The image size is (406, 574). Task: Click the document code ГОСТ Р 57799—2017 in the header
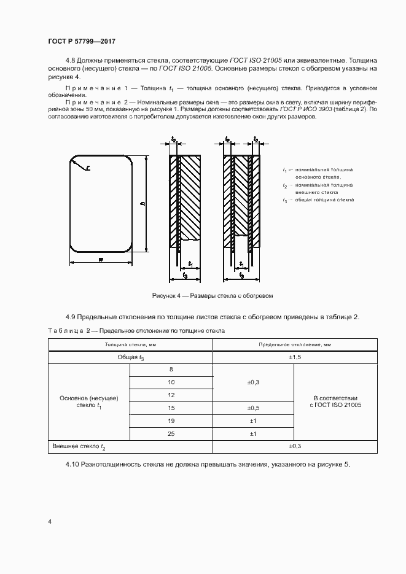pos(81,41)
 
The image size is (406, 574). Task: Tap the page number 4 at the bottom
pos(50,522)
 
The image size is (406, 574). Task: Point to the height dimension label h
pos(142,204)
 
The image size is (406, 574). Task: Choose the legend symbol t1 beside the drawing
pos(285,169)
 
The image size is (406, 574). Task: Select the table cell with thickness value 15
pos(171,408)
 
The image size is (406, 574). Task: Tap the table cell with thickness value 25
pos(171,434)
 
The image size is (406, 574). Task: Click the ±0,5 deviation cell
pos(253,408)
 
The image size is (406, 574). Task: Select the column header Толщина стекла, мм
pos(130,344)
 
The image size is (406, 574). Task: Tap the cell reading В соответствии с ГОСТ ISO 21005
pos(337,401)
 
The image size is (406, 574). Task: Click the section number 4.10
pos(74,463)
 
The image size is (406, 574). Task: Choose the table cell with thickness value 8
pos(171,369)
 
